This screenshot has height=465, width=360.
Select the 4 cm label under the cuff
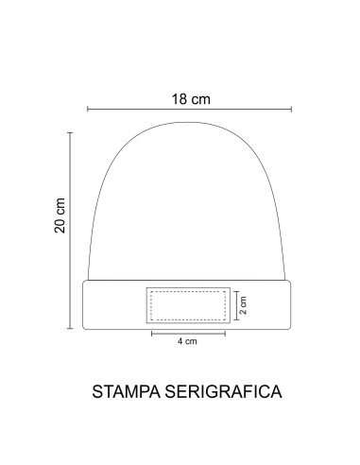pos(187,342)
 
